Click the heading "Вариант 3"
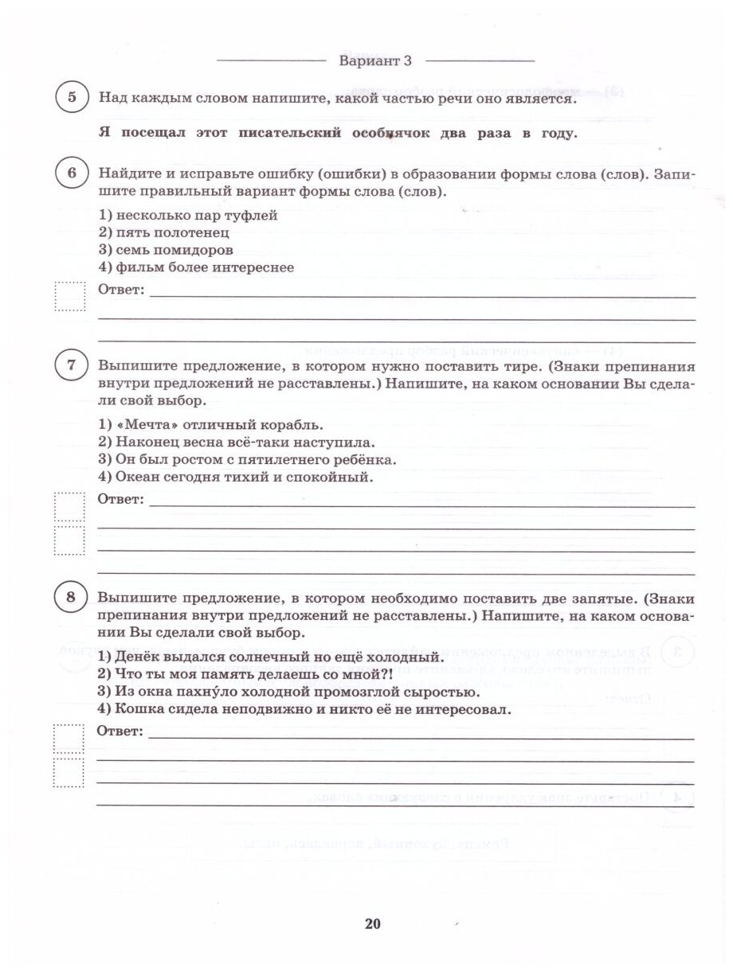(374, 61)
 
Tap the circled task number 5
(73, 99)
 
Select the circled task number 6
(73, 174)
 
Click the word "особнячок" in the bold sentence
(388, 133)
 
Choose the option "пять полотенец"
(163, 232)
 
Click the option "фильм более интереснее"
(195, 267)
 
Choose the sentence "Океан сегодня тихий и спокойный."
(235, 478)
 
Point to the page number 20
(373, 923)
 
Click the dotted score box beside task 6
(69, 297)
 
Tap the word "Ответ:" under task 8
(120, 731)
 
